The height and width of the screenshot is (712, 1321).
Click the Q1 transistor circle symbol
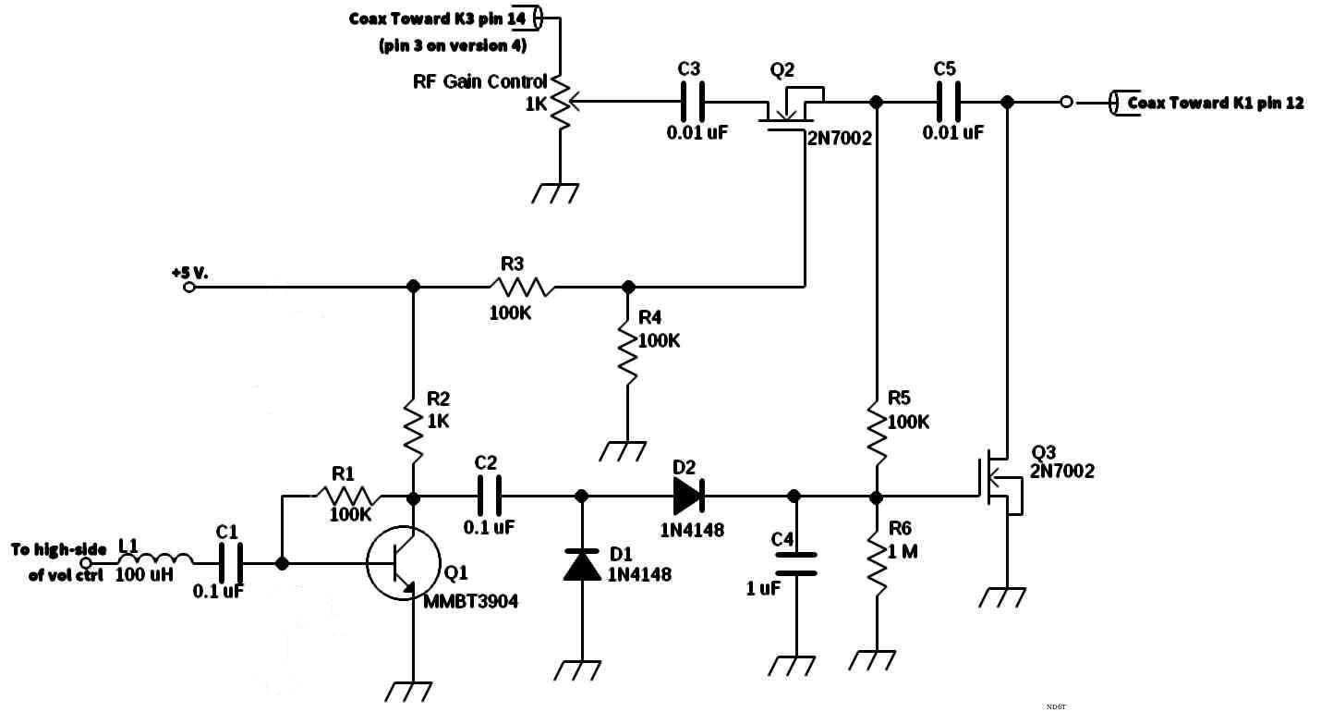[x=368, y=564]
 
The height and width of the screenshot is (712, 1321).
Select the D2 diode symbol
[x=688, y=496]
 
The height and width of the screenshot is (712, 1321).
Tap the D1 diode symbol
[x=582, y=564]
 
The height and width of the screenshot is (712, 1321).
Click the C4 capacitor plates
[x=795, y=564]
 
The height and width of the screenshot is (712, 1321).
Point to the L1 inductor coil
[x=156, y=559]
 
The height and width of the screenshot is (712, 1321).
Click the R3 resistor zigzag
[x=521, y=287]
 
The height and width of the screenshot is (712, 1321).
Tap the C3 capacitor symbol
[x=692, y=102]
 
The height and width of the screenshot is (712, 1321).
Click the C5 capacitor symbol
[x=949, y=102]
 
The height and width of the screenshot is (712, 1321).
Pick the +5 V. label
[x=190, y=274]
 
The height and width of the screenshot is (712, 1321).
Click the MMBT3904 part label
[x=470, y=602]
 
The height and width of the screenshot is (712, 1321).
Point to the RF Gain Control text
[x=479, y=81]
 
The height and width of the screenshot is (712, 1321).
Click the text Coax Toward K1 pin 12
[x=1216, y=103]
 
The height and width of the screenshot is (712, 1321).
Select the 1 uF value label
[x=763, y=588]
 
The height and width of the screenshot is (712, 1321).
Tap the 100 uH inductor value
[x=144, y=574]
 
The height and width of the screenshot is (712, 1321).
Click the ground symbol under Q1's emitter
[x=408, y=692]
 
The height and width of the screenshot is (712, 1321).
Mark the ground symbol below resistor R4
[x=623, y=451]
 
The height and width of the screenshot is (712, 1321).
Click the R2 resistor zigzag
[x=414, y=430]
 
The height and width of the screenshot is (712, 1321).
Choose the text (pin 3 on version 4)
[x=453, y=46]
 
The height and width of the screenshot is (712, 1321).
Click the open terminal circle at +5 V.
[x=189, y=288]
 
